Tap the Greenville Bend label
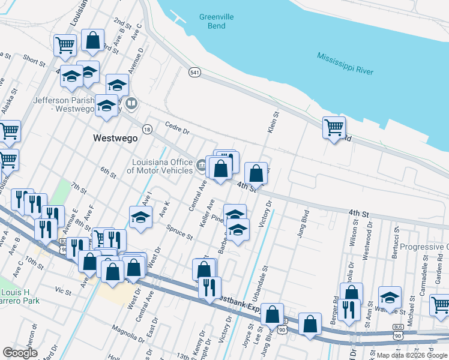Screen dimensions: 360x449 (x=212, y=22)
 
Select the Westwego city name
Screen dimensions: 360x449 (x=115, y=137)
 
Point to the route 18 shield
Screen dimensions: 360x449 (x=146, y=129)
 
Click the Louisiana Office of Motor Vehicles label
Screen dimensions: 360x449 (x=159, y=166)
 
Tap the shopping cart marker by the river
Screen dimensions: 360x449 (x=334, y=127)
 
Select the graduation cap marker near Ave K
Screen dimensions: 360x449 (x=140, y=217)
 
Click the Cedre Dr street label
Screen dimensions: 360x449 (x=177, y=128)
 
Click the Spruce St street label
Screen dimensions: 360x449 (x=179, y=232)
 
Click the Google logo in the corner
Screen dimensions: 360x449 (x=20, y=353)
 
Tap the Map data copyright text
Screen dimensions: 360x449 (x=412, y=355)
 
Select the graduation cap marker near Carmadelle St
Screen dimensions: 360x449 (x=390, y=298)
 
